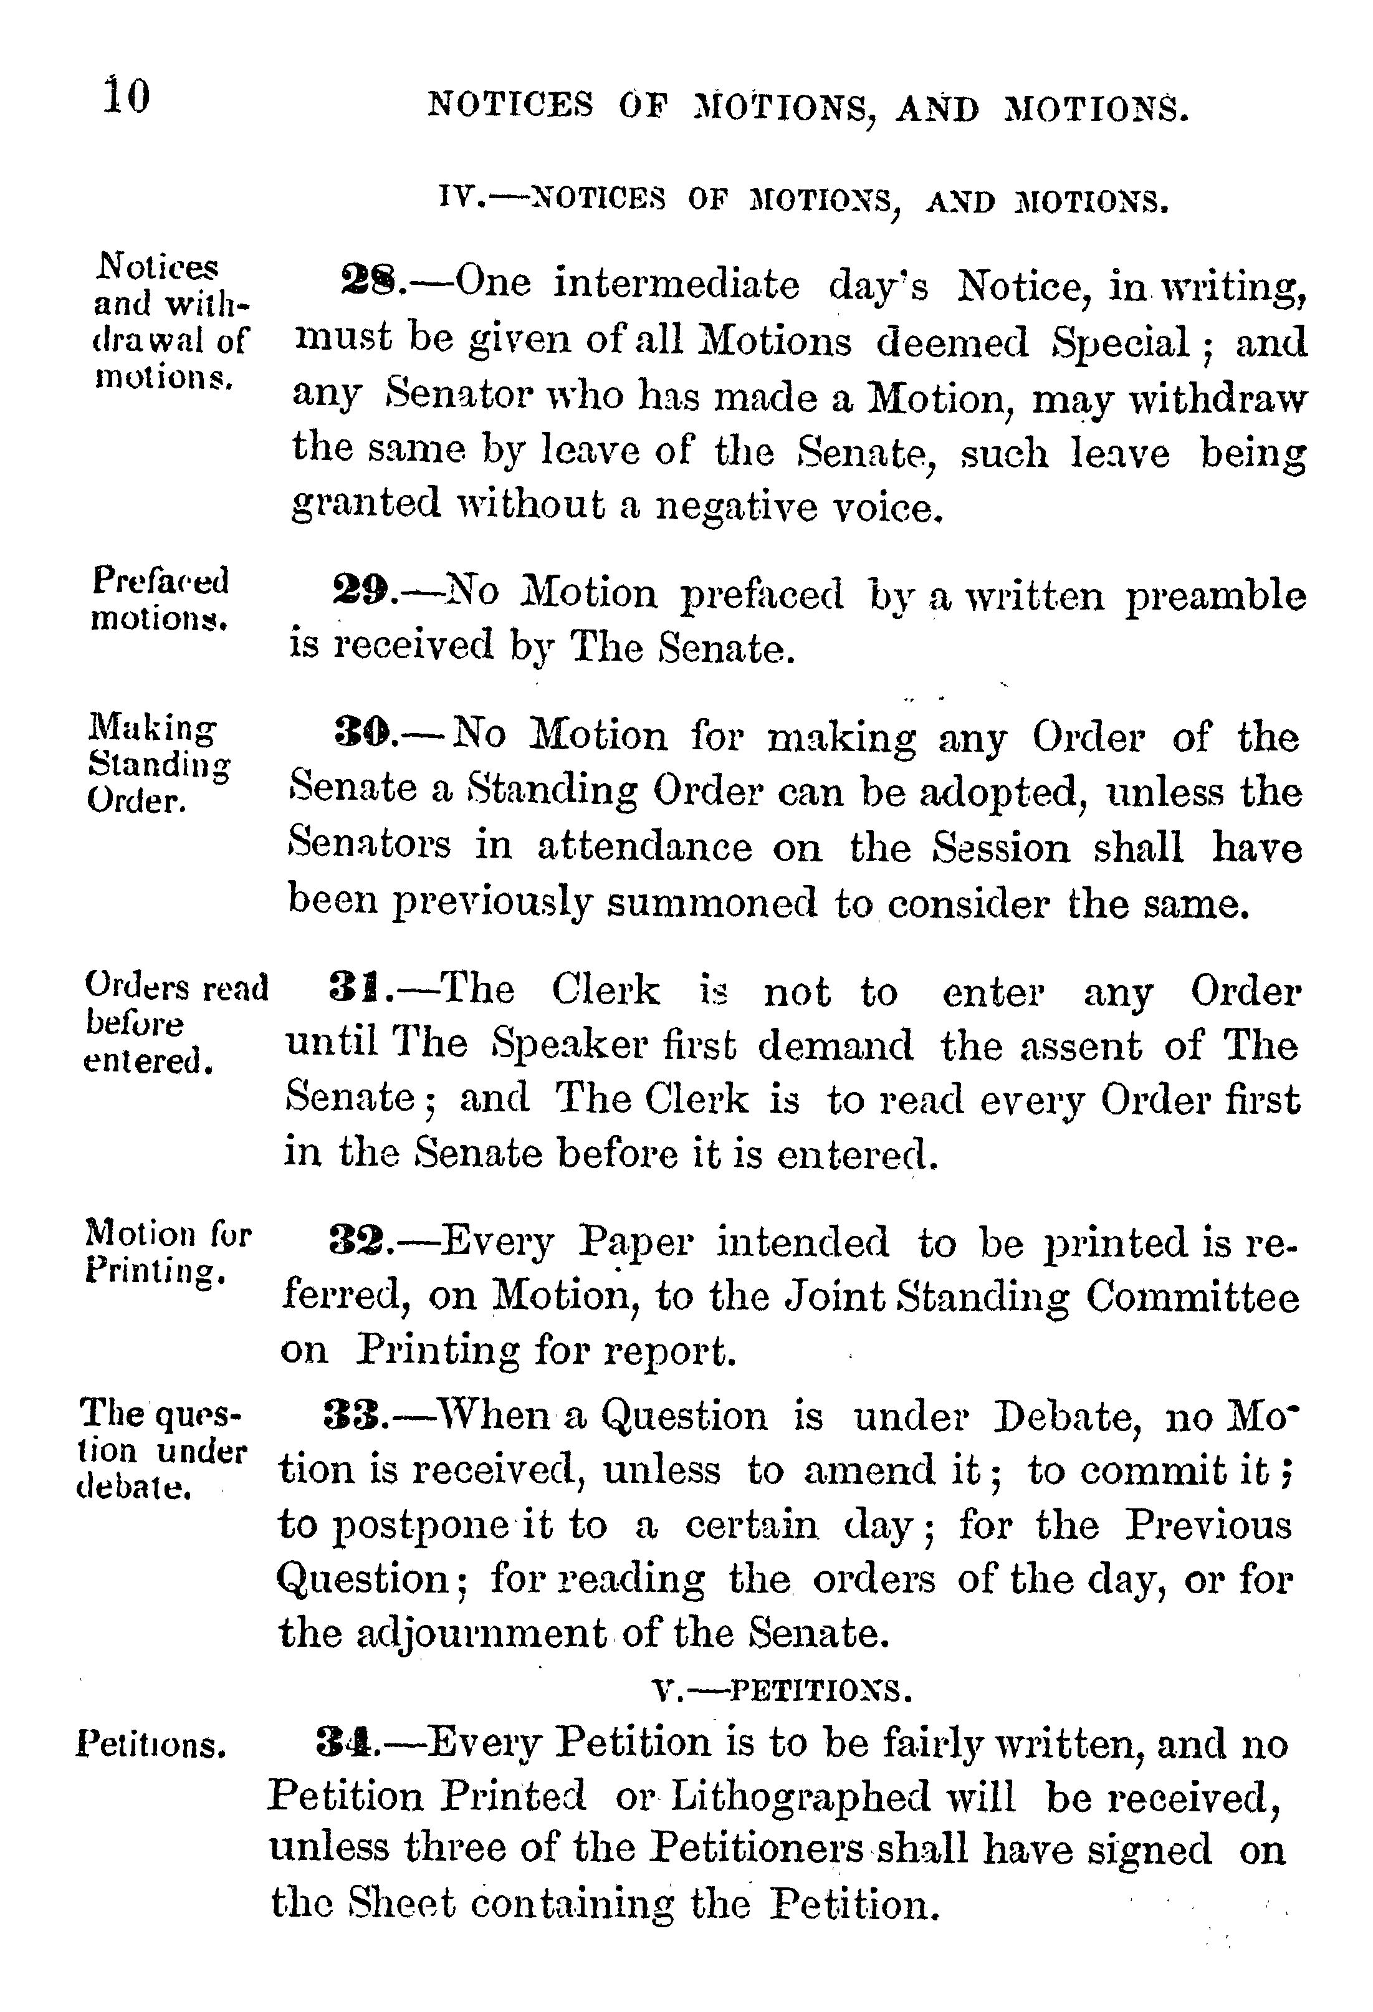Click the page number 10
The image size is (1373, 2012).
tap(127, 96)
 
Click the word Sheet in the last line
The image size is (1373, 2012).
tap(402, 1903)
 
